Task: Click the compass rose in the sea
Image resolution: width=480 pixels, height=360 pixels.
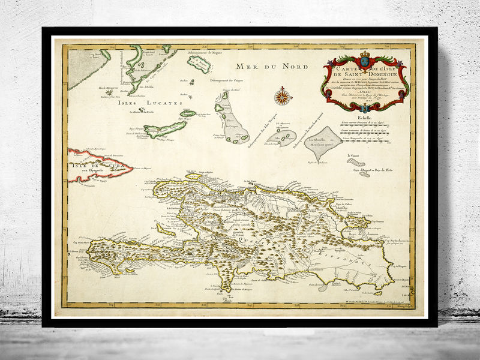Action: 281,96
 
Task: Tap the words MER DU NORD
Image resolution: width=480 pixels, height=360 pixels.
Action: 265,66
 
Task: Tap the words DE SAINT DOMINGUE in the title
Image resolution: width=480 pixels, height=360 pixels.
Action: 366,73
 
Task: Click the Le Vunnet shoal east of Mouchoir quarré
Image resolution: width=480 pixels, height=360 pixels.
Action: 357,161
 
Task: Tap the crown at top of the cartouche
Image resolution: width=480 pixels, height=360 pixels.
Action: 365,54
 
